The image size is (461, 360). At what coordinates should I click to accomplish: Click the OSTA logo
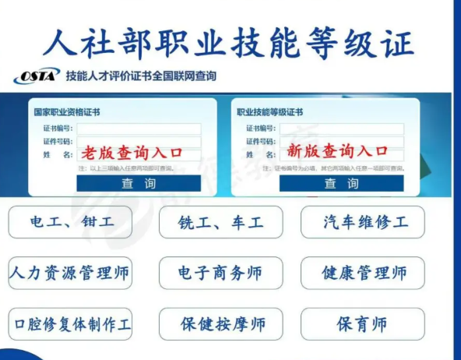(36, 76)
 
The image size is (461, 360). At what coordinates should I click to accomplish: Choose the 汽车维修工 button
(364, 222)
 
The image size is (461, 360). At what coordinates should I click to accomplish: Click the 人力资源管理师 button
(70, 273)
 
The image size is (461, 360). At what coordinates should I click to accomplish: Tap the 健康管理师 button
(364, 273)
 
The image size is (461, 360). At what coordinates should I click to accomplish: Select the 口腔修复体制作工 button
(70, 323)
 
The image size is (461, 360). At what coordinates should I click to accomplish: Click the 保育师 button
(364, 323)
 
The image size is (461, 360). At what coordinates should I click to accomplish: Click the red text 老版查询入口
(132, 150)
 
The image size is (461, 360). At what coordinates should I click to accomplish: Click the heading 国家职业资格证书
(66, 112)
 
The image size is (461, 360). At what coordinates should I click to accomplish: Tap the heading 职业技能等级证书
(270, 112)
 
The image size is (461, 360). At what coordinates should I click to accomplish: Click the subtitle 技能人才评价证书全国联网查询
(141, 76)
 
